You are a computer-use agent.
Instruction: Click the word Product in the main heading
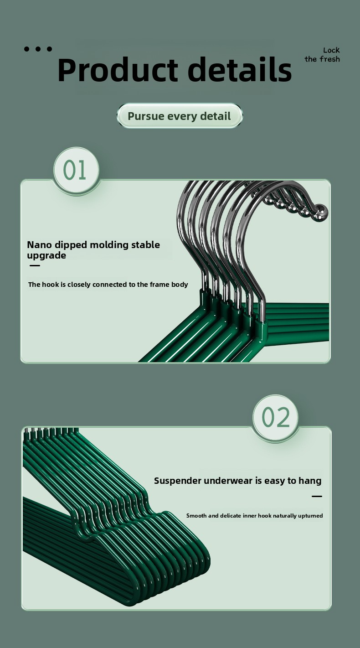pos(118,70)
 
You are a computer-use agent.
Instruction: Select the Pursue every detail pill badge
pos(180,116)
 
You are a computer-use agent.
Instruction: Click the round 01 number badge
pos(77,170)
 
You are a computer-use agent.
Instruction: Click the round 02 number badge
pos(275,417)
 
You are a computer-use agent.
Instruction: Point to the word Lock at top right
pos(331,50)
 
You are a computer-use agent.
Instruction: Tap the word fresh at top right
pos(329,59)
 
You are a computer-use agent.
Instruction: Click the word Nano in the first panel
pos(39,245)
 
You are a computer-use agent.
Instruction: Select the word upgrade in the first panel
pos(46,256)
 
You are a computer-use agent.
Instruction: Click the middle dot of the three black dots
pos(38,49)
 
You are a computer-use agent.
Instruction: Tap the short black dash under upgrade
pos(35,265)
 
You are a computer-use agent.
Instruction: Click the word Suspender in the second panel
pos(177,481)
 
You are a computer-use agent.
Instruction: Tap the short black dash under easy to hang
pos(317,497)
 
